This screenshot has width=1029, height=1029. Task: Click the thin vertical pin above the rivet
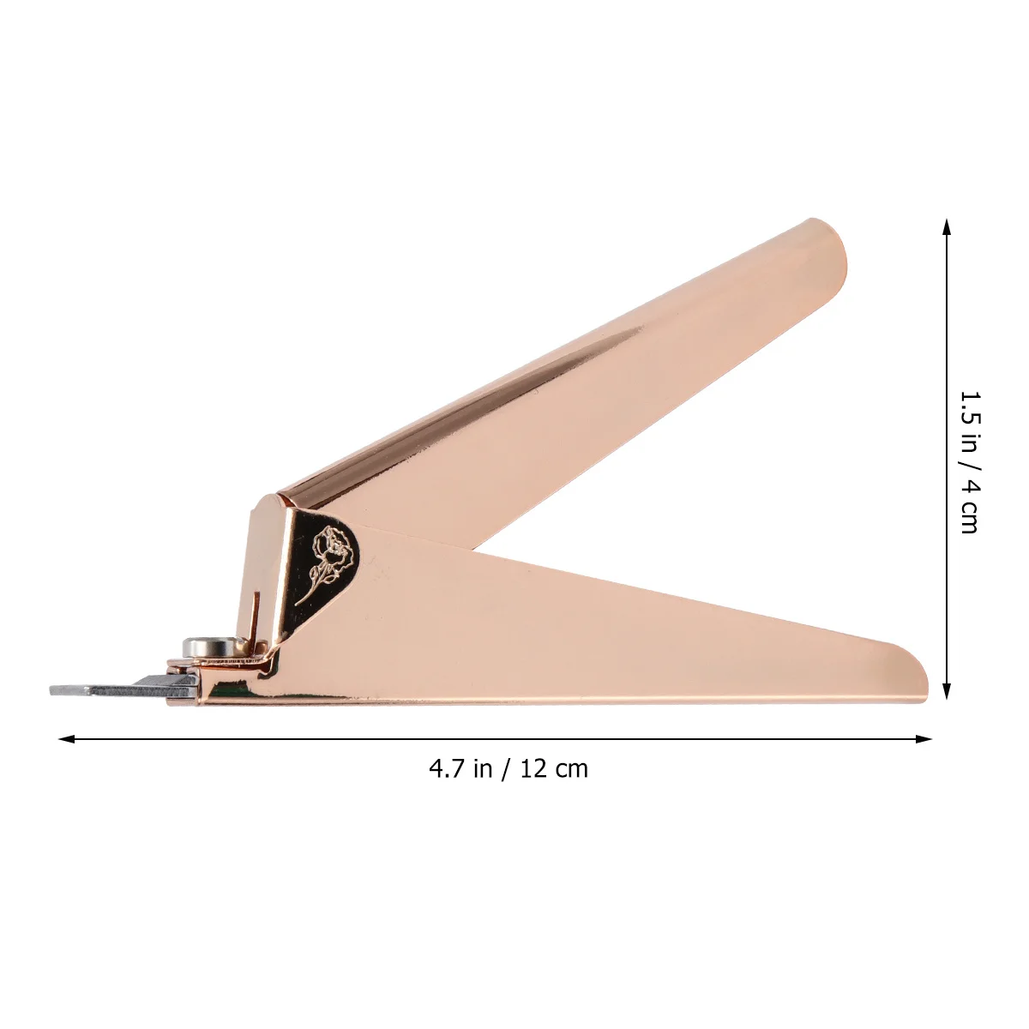point(256,614)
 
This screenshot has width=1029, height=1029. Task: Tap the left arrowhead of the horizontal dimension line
point(64,738)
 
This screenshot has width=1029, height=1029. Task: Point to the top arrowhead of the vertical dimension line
point(947,226)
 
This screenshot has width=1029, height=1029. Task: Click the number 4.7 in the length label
point(447,768)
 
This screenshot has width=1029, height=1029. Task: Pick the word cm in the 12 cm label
point(572,768)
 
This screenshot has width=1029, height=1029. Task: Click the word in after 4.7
point(482,768)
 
